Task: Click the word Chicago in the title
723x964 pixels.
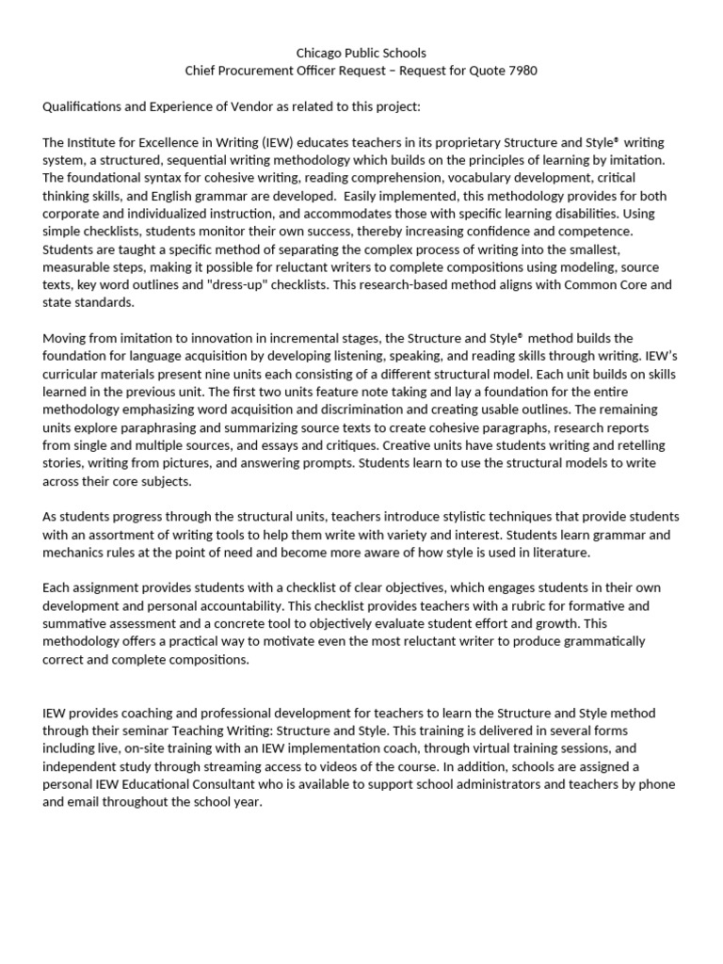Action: tap(318, 53)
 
